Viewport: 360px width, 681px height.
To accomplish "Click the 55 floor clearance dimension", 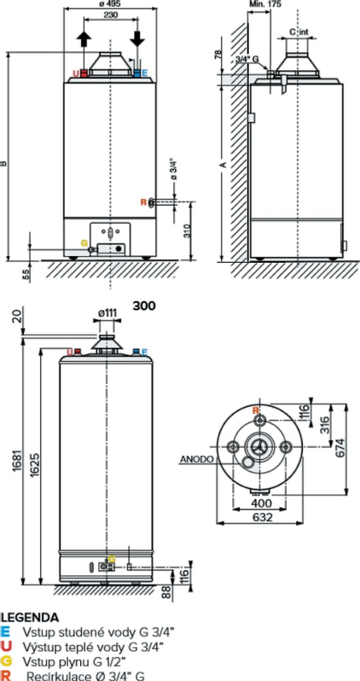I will [26, 272].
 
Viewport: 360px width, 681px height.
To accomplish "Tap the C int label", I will [298, 32].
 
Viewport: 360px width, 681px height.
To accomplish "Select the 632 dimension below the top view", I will [263, 518].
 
